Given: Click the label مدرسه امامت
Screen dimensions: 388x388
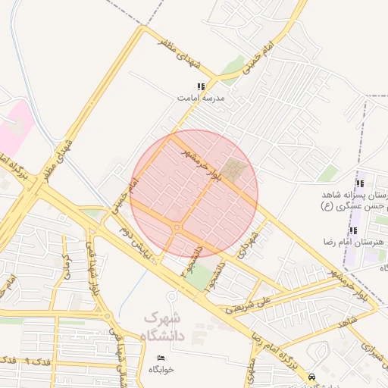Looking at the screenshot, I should coord(199,98).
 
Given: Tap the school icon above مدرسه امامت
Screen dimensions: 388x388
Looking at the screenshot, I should coord(201,87).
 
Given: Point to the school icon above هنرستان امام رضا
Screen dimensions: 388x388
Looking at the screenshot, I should coord(353,230).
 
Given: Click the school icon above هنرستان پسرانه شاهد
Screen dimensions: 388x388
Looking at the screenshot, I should coord(360,183).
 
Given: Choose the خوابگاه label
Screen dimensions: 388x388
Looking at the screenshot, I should coord(161,369).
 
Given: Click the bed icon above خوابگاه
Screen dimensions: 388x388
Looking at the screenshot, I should coord(161,358).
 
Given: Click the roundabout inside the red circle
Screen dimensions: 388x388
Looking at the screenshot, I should coord(177,227).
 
